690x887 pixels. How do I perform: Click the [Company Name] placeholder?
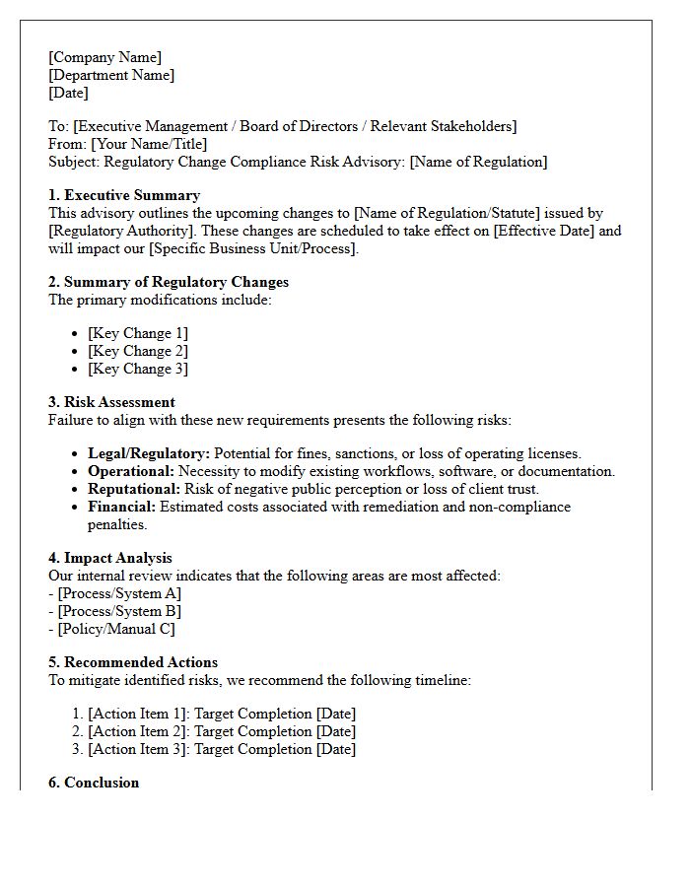click(x=104, y=57)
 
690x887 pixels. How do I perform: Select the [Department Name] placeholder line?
click(x=111, y=75)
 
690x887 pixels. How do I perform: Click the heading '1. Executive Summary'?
click(x=124, y=195)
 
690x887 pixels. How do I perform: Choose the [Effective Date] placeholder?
click(x=547, y=231)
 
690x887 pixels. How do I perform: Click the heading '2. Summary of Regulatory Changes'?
click(x=169, y=282)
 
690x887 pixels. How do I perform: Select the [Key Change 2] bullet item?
click(x=138, y=351)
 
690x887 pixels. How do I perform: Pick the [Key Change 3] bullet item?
click(x=138, y=369)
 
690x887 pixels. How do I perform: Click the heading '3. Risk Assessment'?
click(x=112, y=402)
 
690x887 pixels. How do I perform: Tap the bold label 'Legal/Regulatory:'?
click(x=149, y=453)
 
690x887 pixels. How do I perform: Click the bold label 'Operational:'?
click(x=132, y=471)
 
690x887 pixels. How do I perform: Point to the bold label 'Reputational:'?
click(x=134, y=489)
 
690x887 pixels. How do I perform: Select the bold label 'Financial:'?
click(x=122, y=507)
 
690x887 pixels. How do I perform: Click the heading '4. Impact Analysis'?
click(x=110, y=558)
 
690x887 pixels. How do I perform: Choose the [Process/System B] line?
click(x=119, y=611)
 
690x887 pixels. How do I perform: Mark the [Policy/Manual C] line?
click(x=116, y=629)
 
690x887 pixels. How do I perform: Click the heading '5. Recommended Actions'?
click(x=133, y=662)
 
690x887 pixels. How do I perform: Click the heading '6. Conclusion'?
click(x=94, y=783)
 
